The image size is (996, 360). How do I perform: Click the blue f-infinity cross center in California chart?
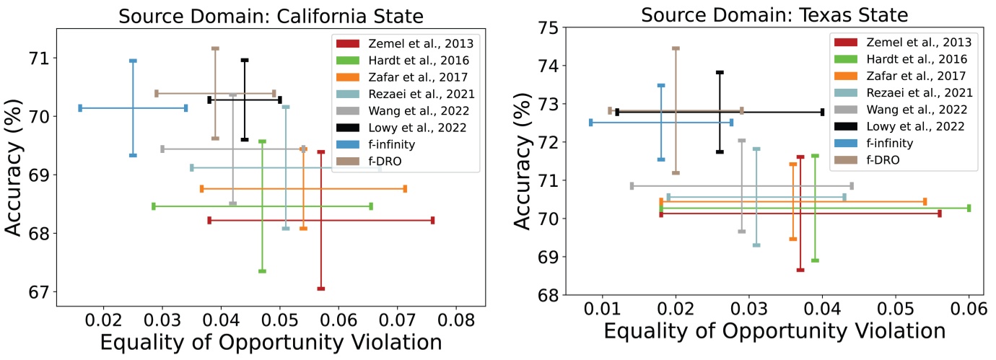[x=133, y=108]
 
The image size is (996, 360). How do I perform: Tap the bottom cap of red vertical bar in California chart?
[x=321, y=289]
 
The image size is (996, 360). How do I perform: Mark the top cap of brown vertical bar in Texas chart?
[x=676, y=49]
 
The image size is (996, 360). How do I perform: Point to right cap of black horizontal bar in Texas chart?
[x=822, y=112]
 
